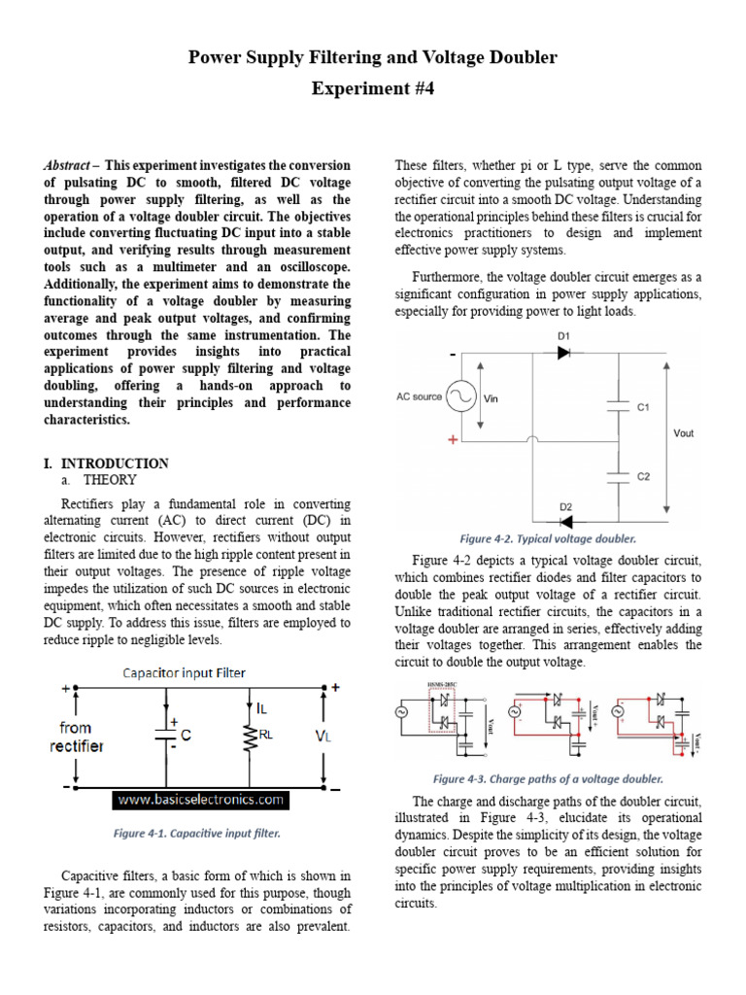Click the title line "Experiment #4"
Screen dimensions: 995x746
(372, 89)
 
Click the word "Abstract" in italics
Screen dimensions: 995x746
(66, 166)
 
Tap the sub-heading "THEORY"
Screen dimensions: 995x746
(110, 480)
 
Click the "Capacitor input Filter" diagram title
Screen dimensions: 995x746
(184, 672)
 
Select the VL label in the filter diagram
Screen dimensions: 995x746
(323, 737)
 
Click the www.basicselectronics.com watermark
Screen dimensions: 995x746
(200, 800)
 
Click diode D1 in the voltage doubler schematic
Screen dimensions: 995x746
(563, 353)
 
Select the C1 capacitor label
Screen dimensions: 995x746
(643, 408)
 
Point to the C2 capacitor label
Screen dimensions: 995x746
(643, 477)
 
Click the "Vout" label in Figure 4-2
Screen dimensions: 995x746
(684, 433)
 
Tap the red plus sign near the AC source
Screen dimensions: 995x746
(453, 440)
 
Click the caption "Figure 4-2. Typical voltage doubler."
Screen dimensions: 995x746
(548, 538)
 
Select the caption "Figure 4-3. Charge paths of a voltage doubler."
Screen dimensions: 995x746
(548, 778)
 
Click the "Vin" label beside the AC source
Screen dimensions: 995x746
(491, 397)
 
